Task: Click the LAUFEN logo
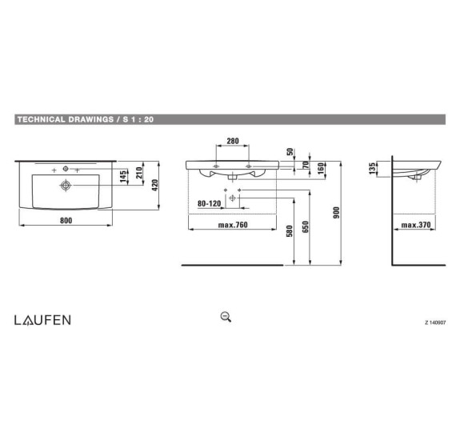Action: (42, 319)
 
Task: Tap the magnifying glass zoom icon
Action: (226, 316)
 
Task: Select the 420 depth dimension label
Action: (157, 186)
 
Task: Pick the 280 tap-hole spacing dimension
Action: (232, 142)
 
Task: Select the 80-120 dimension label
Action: (209, 203)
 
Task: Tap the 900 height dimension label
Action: (337, 211)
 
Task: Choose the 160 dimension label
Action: (321, 170)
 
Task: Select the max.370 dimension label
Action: (416, 225)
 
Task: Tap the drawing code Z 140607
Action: (438, 323)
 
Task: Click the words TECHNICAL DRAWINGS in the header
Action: (64, 119)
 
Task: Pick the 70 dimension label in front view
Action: (305, 166)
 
